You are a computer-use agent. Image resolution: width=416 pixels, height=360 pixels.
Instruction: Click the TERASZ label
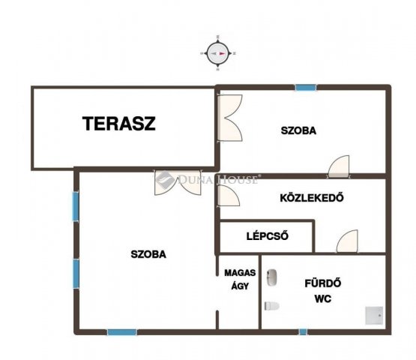pos(119,124)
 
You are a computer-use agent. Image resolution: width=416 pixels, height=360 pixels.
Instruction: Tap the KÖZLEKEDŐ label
pos(312,198)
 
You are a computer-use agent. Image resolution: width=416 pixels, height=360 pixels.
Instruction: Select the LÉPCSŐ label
pos(267,236)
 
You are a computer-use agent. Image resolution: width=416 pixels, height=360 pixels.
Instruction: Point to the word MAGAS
pos(240,273)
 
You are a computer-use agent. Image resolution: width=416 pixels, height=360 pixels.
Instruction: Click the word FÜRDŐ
pos(322,283)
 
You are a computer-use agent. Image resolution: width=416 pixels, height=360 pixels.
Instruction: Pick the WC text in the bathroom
pos(322,299)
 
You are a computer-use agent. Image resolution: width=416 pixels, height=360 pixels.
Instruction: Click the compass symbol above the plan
pos(218,53)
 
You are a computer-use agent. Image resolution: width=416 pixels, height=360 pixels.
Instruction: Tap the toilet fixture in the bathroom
pos(272,306)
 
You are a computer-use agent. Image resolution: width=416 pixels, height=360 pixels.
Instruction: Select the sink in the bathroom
pos(271,277)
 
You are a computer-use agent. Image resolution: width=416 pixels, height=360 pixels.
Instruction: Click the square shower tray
pos(374,316)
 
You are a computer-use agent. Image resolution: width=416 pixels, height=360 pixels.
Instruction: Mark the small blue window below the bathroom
pos(303,331)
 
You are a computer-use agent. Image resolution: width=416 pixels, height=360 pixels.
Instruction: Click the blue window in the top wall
pos(306,87)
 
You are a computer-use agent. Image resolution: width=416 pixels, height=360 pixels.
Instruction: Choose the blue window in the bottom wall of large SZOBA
pos(121,331)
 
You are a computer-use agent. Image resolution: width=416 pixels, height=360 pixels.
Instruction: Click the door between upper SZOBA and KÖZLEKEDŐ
pos(339,166)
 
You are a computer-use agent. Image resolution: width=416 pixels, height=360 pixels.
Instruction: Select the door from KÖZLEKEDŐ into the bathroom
pos(347,241)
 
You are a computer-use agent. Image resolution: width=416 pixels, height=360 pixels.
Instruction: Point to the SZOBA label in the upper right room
pos(298,130)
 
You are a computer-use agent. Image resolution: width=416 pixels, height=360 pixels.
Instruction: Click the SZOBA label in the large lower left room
pos(148,254)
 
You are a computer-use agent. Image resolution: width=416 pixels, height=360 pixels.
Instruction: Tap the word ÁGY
pos(240,286)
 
